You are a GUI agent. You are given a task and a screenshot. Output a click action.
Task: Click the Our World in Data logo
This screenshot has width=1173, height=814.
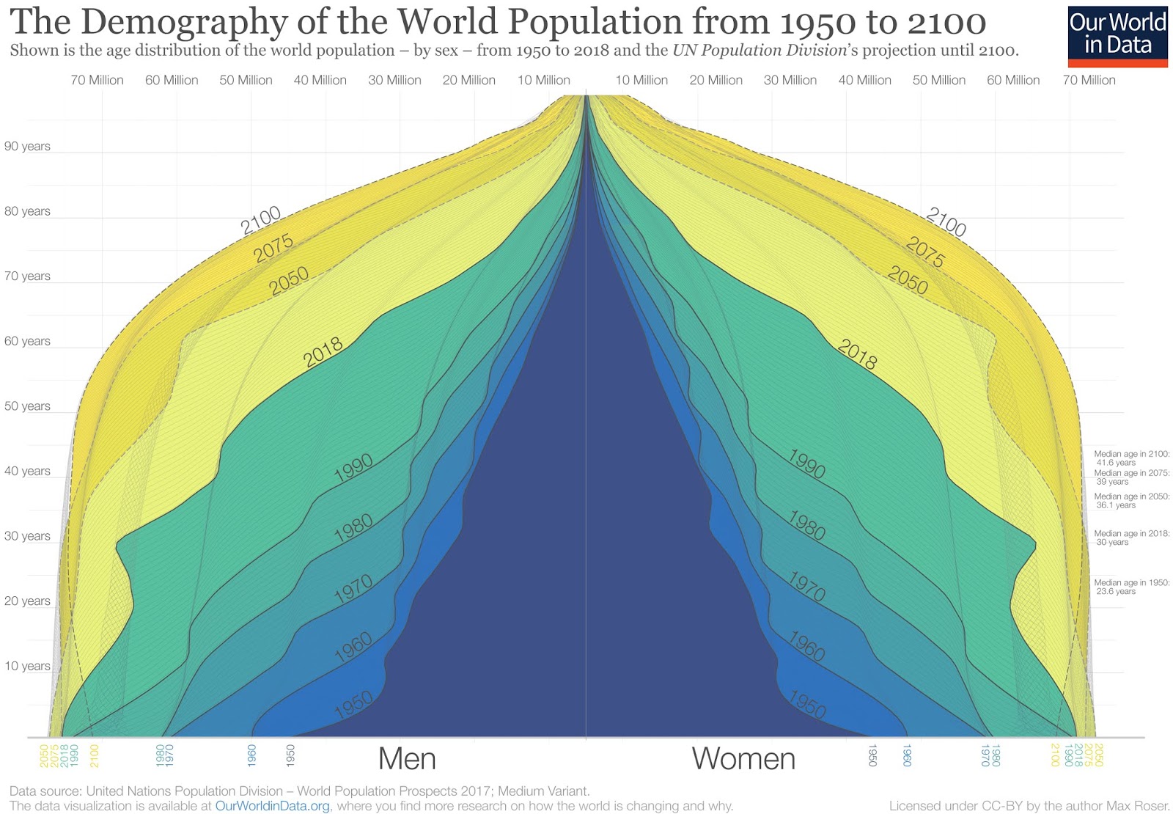tap(1117, 35)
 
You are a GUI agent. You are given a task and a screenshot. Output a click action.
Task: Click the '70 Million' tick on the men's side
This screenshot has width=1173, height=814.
tap(97, 80)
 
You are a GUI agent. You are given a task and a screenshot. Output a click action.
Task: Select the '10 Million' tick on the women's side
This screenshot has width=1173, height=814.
tap(641, 80)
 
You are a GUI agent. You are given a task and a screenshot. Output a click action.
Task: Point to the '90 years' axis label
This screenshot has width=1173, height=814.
tap(27, 146)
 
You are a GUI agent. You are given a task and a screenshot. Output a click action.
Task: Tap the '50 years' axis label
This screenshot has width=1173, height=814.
tap(27, 406)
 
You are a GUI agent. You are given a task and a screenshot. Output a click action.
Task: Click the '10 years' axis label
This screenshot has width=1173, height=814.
tap(27, 666)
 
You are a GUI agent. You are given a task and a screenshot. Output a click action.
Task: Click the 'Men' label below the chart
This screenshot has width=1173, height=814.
tap(407, 759)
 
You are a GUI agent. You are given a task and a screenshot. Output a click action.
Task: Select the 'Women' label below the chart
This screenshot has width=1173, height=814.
tap(743, 759)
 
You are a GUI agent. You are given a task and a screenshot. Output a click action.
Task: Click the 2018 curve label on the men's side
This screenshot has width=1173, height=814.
tap(323, 352)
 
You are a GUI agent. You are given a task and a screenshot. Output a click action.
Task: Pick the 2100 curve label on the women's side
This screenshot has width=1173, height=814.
tap(946, 221)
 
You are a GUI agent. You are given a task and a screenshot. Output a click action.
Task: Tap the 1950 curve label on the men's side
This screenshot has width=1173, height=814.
tap(353, 705)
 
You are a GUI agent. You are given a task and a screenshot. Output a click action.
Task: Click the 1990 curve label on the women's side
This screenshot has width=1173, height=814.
tap(807, 463)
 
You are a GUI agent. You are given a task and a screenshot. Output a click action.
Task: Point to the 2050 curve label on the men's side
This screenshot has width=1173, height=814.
tap(289, 282)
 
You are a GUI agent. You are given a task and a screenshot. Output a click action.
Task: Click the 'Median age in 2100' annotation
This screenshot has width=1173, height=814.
tap(1131, 458)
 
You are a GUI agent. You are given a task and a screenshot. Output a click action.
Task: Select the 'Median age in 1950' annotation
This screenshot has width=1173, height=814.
tap(1131, 587)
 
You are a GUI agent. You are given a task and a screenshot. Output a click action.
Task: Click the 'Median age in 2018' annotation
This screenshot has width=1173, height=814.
tap(1131, 538)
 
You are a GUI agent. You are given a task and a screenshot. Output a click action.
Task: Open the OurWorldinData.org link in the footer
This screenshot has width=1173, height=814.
tap(272, 806)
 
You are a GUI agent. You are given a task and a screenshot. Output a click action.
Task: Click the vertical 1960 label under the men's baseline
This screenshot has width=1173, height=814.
tap(251, 755)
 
